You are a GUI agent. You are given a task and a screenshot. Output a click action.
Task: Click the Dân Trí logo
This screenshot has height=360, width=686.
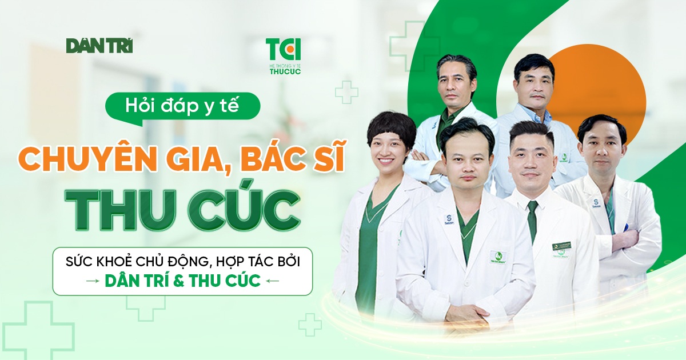pos(99,45)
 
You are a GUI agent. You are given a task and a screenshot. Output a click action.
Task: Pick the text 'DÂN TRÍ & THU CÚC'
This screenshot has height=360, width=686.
pos(182,281)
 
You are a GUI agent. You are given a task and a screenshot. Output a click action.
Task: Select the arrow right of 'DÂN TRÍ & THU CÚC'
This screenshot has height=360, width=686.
pos(273,281)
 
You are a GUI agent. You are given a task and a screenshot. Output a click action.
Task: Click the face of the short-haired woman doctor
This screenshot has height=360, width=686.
pos(390,146)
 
